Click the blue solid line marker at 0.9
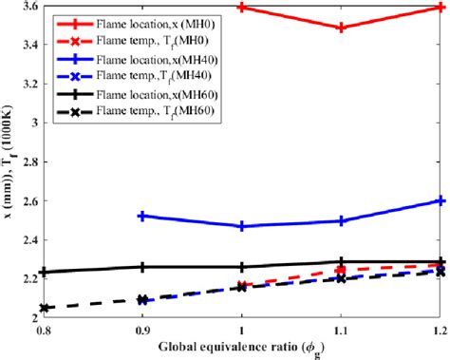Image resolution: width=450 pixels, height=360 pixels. (142, 216)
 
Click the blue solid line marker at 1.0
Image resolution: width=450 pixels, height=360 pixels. (242, 226)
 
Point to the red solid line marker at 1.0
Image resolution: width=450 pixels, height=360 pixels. (242, 7)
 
